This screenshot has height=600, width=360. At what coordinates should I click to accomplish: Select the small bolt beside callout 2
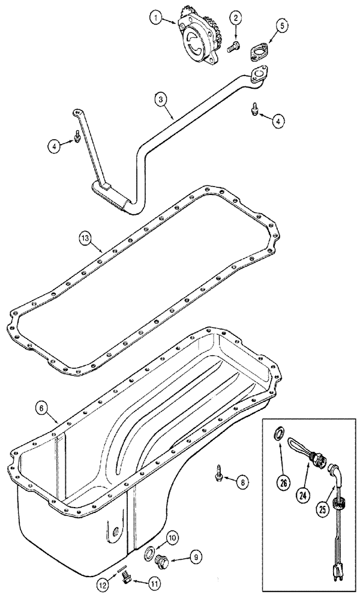(x=232, y=44)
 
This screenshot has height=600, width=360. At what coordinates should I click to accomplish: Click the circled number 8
(x=241, y=481)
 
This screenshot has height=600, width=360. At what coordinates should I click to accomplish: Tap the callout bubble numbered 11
(x=140, y=581)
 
